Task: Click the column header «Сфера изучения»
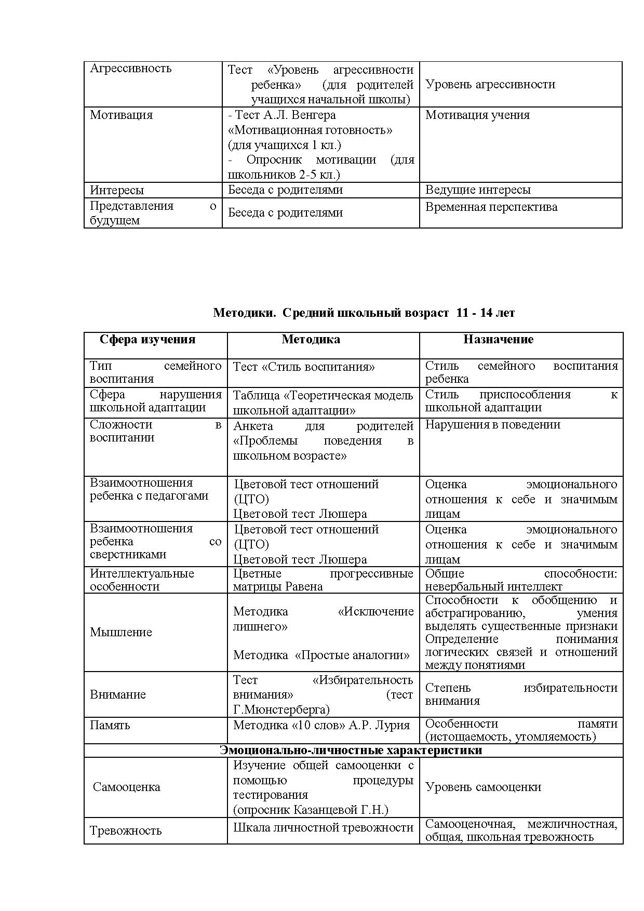[147, 340]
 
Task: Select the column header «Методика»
[311, 340]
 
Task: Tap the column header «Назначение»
[498, 340]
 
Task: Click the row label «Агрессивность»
[130, 69]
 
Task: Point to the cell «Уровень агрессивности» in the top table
[490, 84]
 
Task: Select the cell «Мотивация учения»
[477, 115]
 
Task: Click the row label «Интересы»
[117, 190]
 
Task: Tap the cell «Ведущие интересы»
[478, 190]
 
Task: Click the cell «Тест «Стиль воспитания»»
[304, 367]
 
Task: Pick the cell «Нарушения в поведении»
[492, 425]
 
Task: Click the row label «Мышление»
[121, 632]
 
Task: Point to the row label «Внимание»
[118, 694]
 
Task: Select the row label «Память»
[110, 725]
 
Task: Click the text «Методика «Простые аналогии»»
[321, 655]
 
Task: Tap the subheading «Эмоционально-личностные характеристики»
[351, 751]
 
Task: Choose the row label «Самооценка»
[126, 787]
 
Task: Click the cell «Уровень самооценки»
[483, 787]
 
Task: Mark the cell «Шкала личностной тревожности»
[323, 827]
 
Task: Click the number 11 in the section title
[462, 313]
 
